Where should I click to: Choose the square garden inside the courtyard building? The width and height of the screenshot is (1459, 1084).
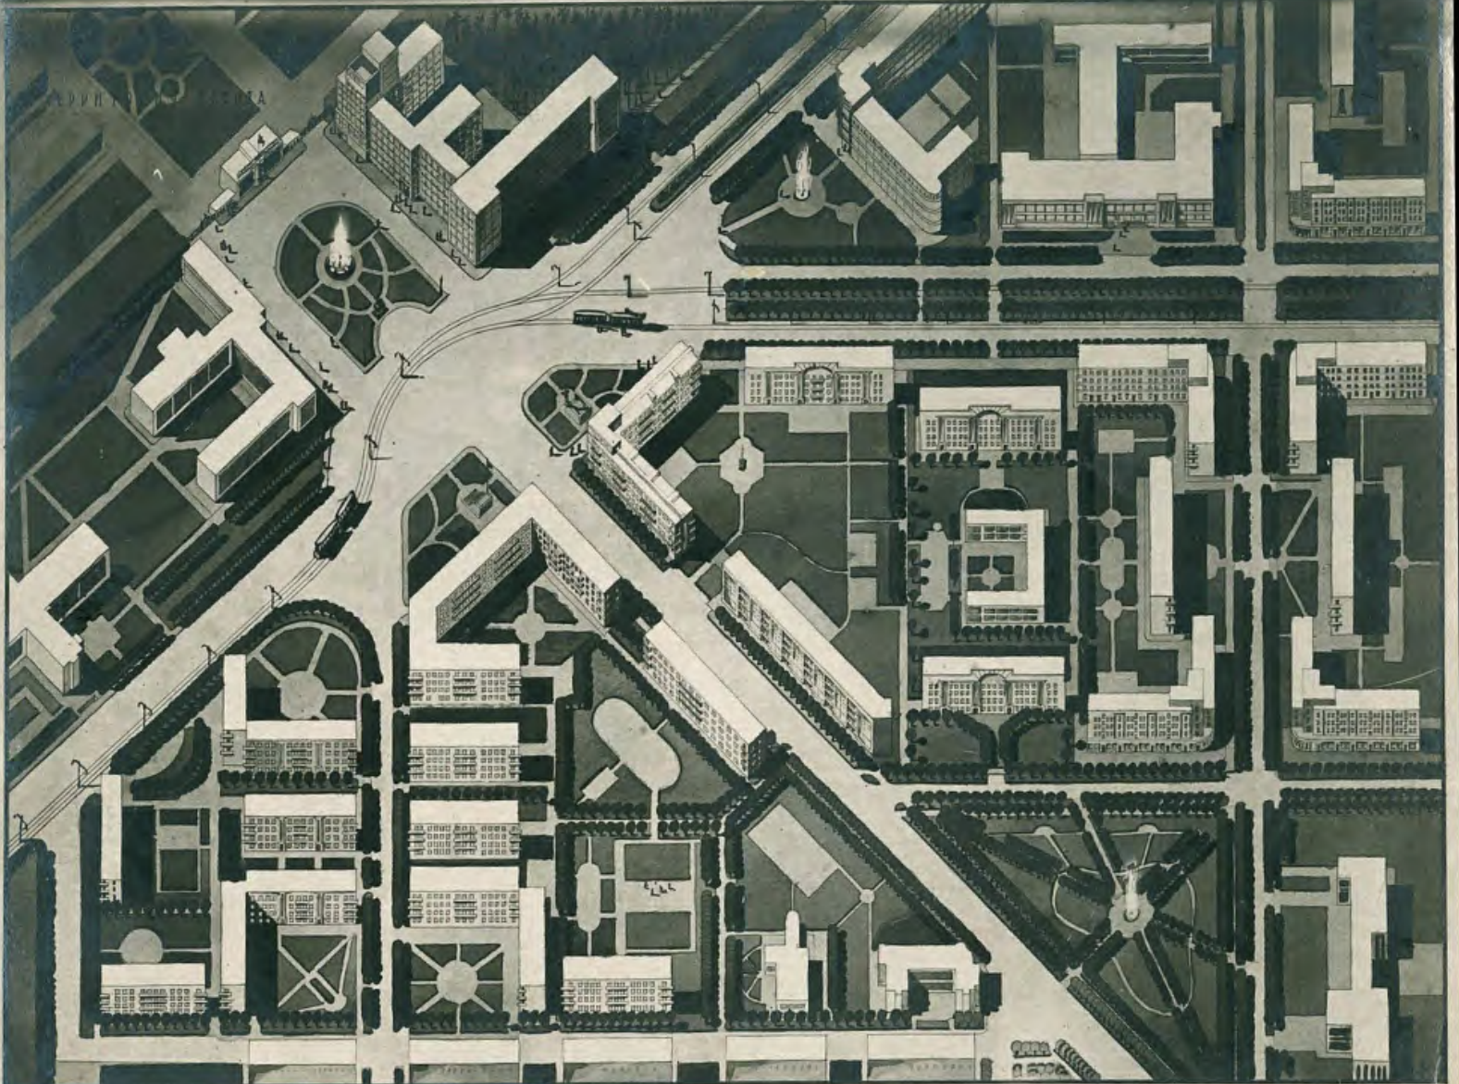(991, 575)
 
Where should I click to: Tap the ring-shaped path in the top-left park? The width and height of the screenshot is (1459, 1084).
(169, 88)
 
